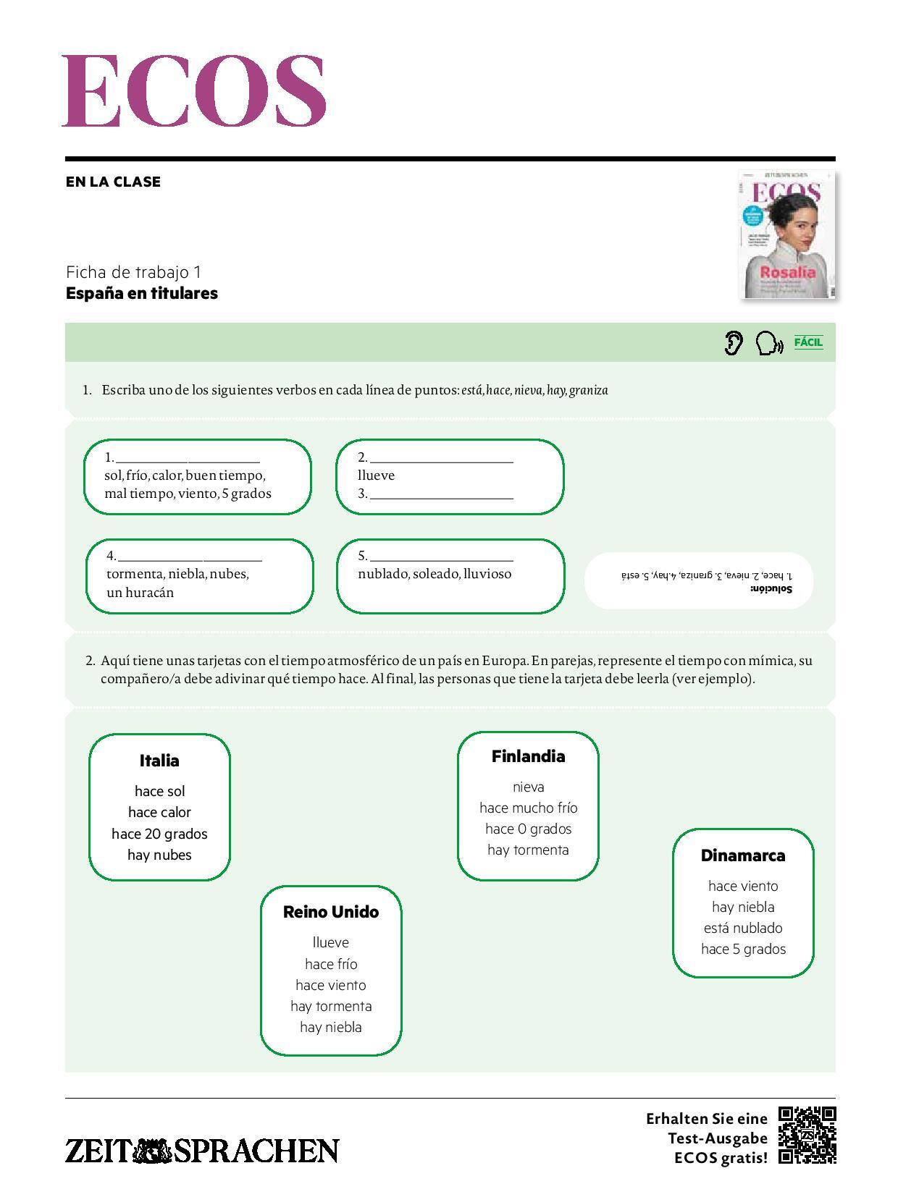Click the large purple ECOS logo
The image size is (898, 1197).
pyautogui.click(x=194, y=91)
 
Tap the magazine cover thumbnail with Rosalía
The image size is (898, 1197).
pyautogui.click(x=787, y=234)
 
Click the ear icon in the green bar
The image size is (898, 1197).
pyautogui.click(x=734, y=342)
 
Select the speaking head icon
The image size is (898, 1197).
pyautogui.click(x=768, y=343)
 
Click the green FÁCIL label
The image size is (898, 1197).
pyautogui.click(x=808, y=342)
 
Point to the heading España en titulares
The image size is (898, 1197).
pyautogui.click(x=142, y=293)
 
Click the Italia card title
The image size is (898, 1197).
pyautogui.click(x=159, y=761)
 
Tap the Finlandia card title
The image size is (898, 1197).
pyautogui.click(x=528, y=756)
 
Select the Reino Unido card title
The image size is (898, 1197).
pyautogui.click(x=331, y=912)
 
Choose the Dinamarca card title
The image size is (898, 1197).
pyautogui.click(x=743, y=855)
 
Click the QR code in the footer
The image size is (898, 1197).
pyautogui.click(x=807, y=1135)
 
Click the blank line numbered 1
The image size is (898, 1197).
pyautogui.click(x=188, y=459)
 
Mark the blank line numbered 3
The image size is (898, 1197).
pyautogui.click(x=441, y=495)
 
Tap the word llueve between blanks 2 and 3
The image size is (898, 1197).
pyautogui.click(x=377, y=475)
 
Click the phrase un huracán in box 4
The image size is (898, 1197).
pyautogui.click(x=140, y=593)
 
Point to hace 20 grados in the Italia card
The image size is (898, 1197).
pyautogui.click(x=159, y=834)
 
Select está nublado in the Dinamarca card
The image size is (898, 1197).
pyautogui.click(x=743, y=928)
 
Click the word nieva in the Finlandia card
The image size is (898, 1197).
pyautogui.click(x=528, y=787)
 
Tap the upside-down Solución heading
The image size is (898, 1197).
pyautogui.click(x=773, y=589)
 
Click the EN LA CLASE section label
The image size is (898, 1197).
pyautogui.click(x=113, y=182)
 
